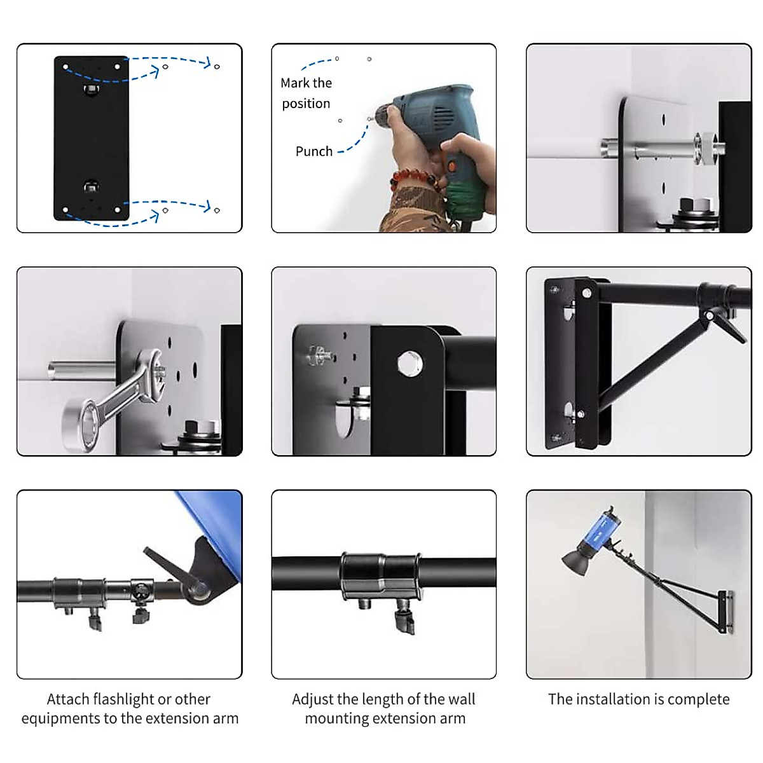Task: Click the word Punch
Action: [313, 151]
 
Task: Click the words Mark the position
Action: [306, 93]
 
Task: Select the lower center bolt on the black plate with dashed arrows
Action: [91, 186]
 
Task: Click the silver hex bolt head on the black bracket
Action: [407, 363]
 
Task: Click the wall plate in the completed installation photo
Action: [725, 612]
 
